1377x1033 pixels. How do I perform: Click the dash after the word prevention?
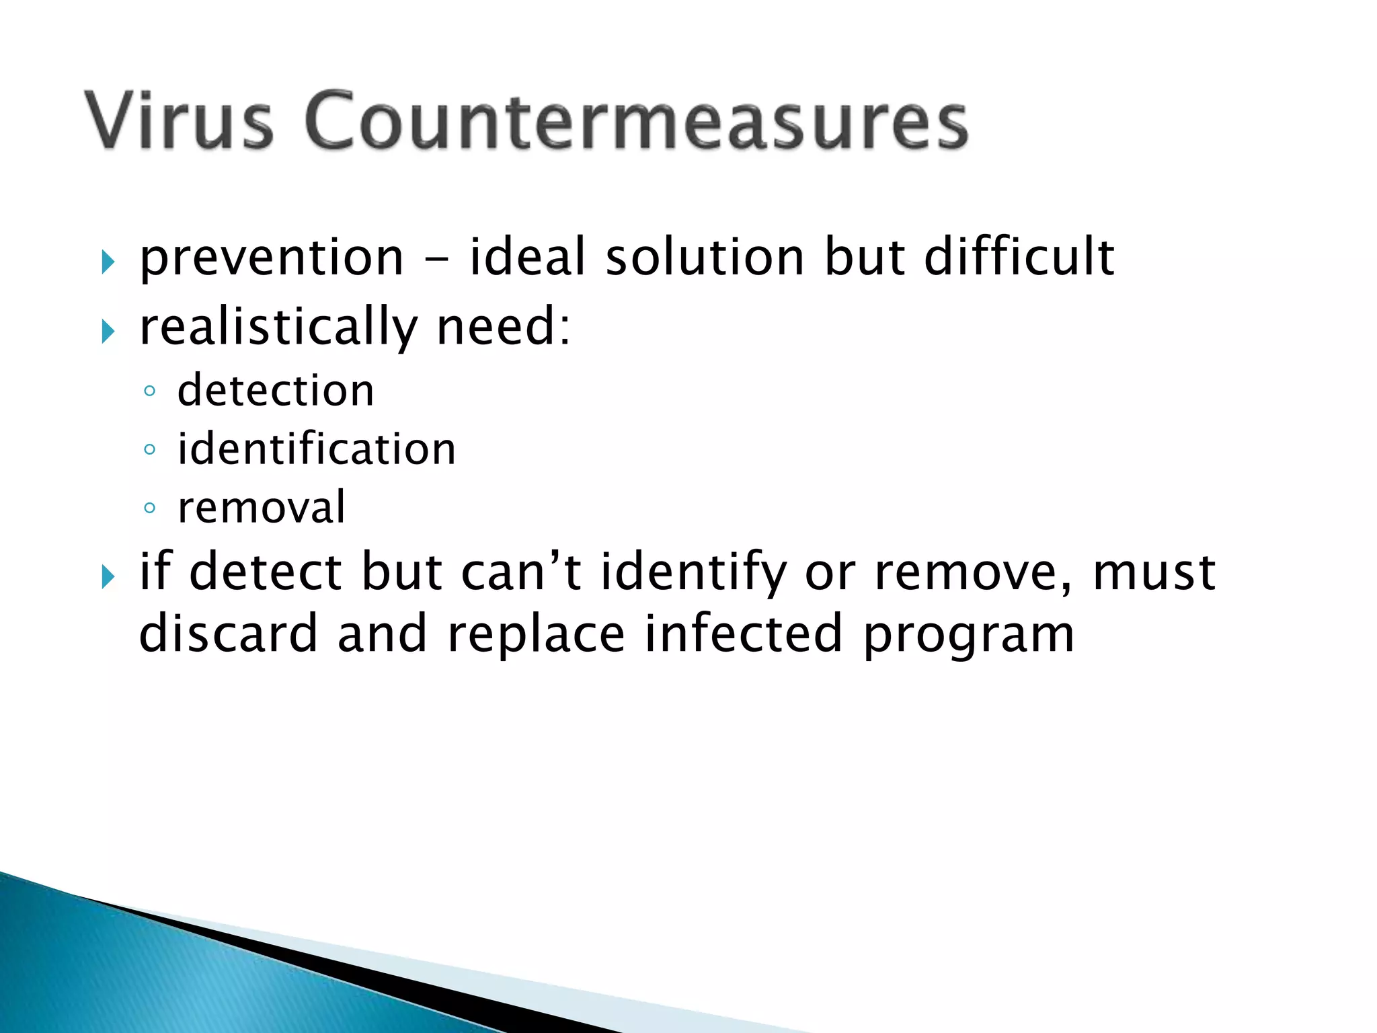tap(436, 260)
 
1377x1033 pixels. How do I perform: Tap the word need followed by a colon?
tap(503, 326)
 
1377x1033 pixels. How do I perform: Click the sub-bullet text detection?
tap(276, 391)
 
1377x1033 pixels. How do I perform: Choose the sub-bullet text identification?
tap(317, 449)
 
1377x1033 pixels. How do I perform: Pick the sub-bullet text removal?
tap(262, 508)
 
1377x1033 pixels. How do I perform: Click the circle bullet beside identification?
tap(150, 450)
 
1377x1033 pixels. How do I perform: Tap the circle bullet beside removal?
tap(150, 508)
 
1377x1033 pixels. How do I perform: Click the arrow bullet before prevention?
tap(108, 262)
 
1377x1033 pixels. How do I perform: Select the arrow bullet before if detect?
tap(108, 576)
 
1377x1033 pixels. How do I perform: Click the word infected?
tap(743, 634)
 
